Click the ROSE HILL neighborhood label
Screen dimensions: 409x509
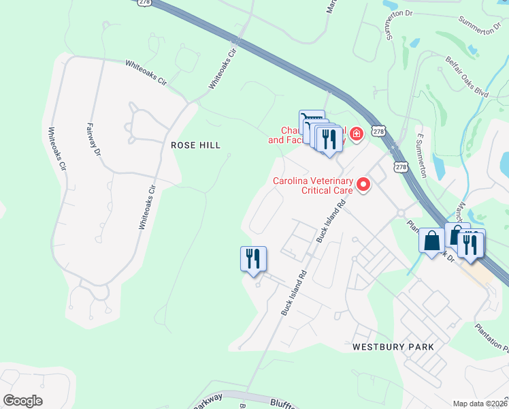tap(196, 145)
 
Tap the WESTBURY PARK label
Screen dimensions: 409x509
tap(393, 347)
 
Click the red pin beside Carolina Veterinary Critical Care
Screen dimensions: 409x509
tap(363, 184)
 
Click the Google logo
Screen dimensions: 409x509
tap(22, 401)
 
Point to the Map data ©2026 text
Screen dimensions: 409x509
tap(480, 404)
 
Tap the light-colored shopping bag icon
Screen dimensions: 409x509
tap(431, 241)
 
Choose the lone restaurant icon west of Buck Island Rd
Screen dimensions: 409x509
tap(253, 259)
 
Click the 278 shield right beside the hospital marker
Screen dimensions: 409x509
tap(379, 130)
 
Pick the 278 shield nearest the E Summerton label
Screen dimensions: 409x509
tap(401, 166)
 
